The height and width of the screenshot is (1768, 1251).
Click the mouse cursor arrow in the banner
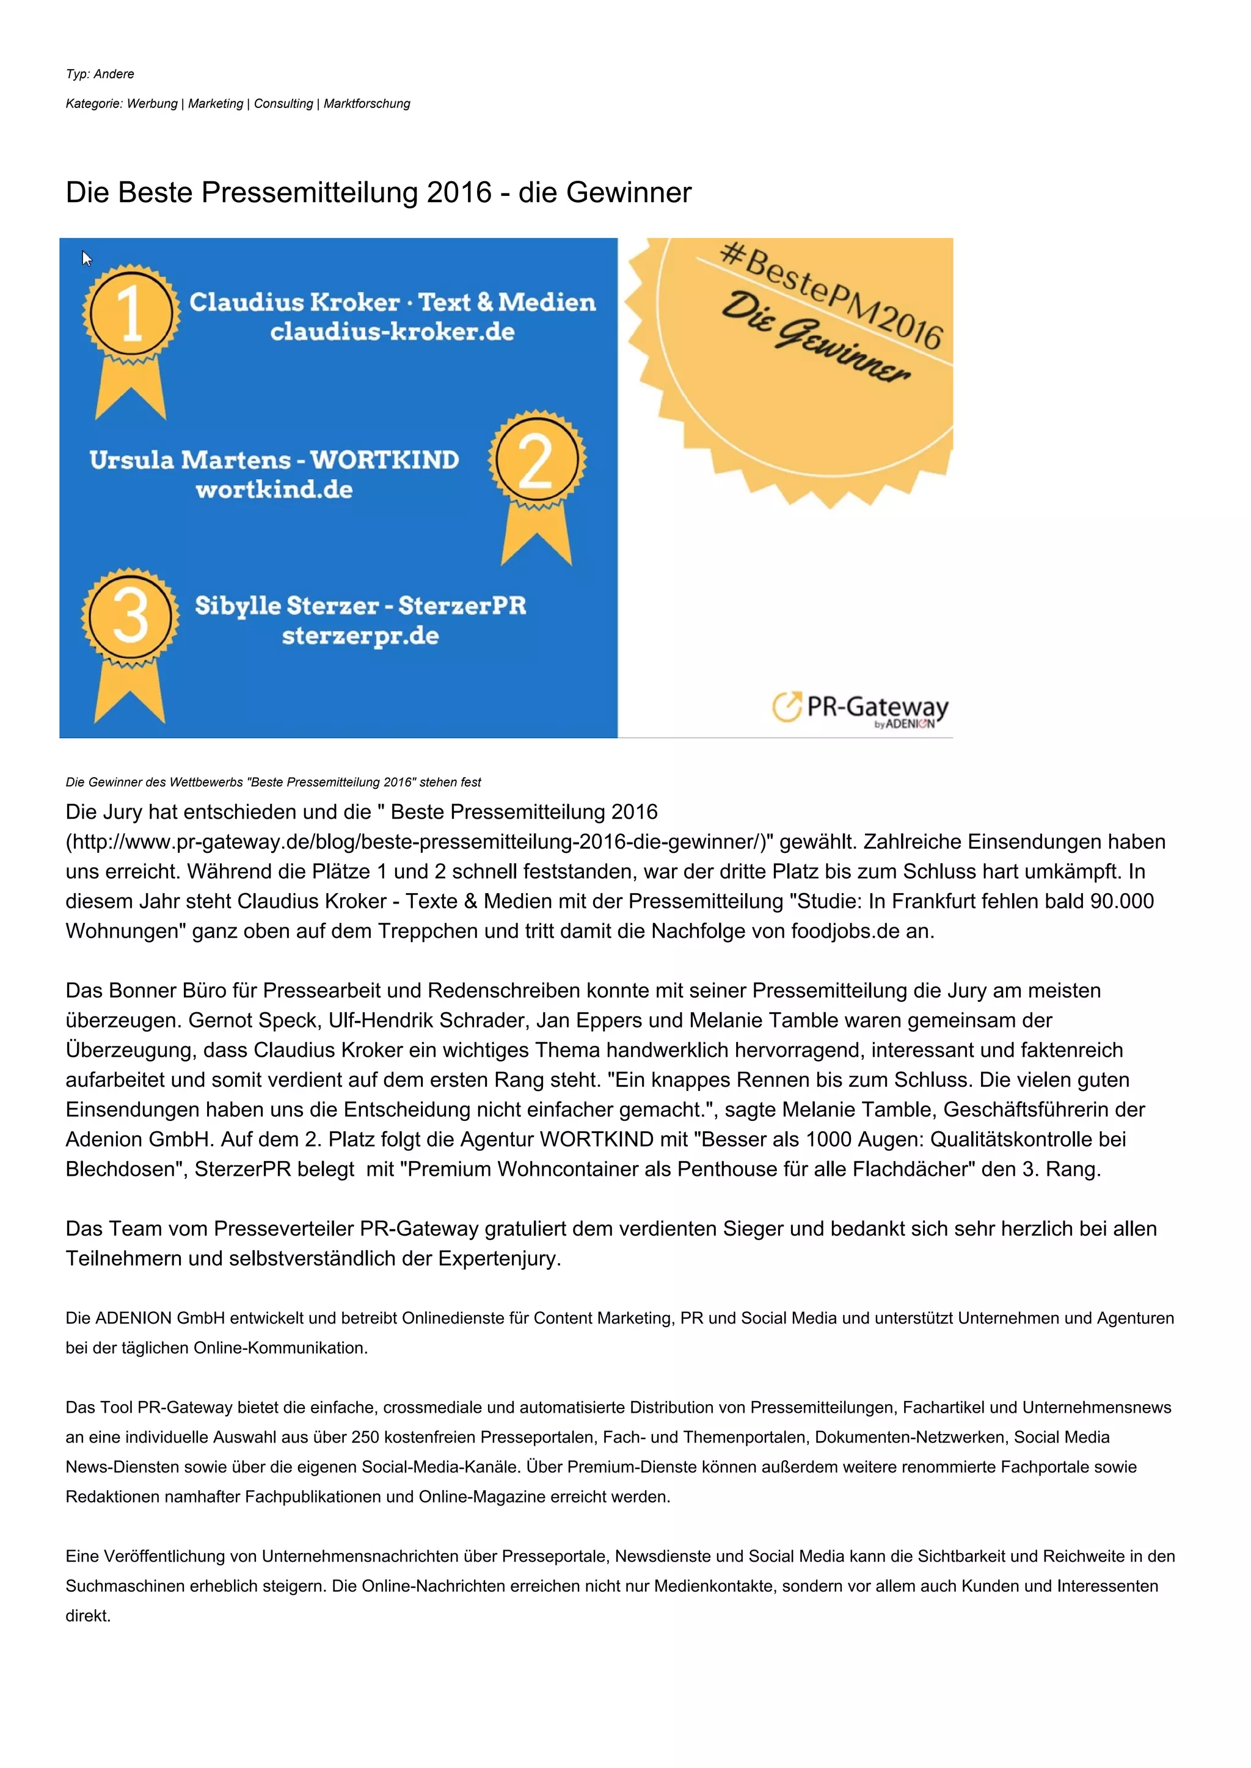[86, 258]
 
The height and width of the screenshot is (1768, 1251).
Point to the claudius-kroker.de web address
[392, 332]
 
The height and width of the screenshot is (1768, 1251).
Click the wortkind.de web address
[274, 490]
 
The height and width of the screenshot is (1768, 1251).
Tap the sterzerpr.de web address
[360, 636]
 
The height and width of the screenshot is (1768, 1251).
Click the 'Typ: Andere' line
[100, 74]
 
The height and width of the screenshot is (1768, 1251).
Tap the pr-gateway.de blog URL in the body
[416, 842]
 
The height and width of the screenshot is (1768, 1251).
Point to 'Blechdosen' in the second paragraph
[125, 1170]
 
